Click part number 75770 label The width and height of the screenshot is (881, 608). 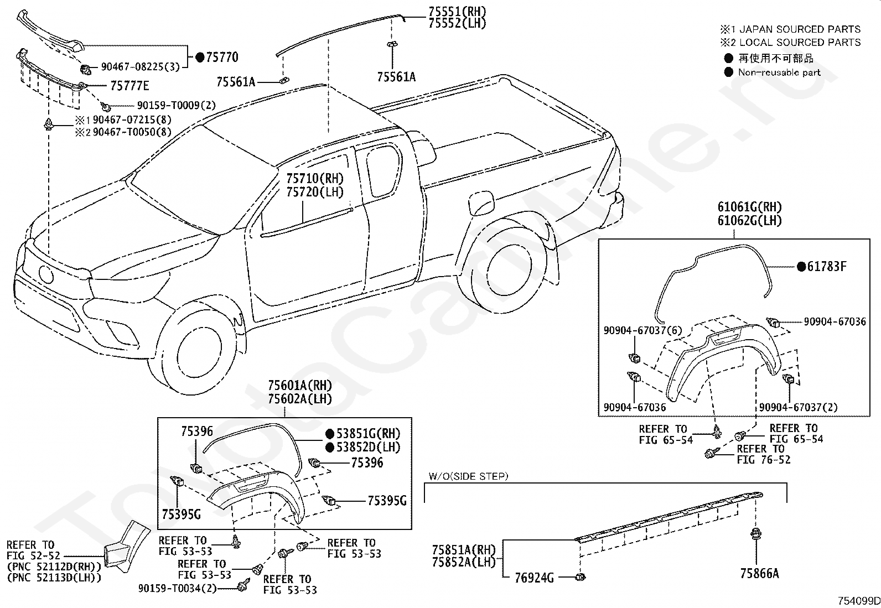click(x=222, y=58)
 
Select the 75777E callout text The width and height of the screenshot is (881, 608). click(x=130, y=86)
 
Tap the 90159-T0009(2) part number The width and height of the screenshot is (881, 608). click(x=177, y=106)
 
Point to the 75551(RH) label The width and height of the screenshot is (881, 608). click(x=458, y=12)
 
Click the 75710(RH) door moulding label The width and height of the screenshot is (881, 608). click(x=315, y=179)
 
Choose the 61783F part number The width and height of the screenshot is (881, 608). click(x=827, y=267)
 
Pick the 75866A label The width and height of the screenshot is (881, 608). click(x=759, y=574)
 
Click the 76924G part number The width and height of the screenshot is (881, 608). click(x=535, y=578)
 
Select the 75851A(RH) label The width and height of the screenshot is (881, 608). click(x=464, y=549)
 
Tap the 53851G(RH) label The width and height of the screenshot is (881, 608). click(x=369, y=434)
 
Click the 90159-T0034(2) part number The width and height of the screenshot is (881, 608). click(x=178, y=588)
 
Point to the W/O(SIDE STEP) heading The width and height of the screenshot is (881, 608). click(x=468, y=476)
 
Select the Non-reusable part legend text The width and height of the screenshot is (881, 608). click(x=779, y=72)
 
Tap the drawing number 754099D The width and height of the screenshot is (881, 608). click(x=859, y=601)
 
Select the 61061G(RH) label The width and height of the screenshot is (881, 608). click(x=750, y=207)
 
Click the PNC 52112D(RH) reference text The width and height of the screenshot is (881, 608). click(x=54, y=567)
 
